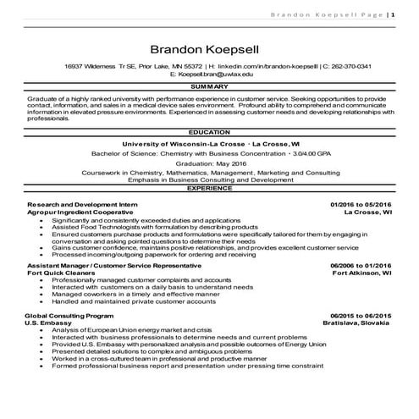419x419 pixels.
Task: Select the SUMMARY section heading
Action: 208,87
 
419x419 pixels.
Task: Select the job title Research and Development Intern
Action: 80,205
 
